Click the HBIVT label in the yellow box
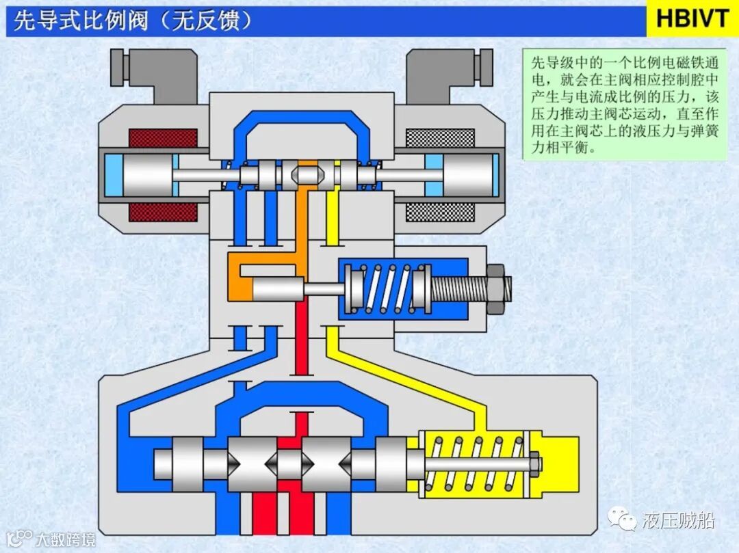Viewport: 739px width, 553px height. [692, 18]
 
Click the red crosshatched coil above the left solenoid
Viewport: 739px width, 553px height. [163, 138]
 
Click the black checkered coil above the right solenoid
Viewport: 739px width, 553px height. [439, 138]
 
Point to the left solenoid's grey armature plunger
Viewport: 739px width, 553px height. [147, 175]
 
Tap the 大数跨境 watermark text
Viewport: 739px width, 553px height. [66, 539]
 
